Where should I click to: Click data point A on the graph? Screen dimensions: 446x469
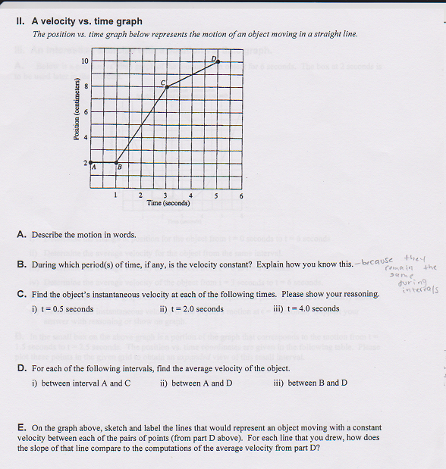[x=90, y=162]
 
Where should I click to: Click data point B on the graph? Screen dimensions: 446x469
[x=116, y=162]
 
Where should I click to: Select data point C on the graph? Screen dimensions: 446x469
[x=167, y=87]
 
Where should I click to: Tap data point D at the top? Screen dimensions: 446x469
[x=218, y=61]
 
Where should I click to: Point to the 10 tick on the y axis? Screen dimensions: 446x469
[x=85, y=61]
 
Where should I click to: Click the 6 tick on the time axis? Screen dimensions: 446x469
[x=241, y=196]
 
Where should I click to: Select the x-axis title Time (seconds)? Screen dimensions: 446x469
[x=168, y=203]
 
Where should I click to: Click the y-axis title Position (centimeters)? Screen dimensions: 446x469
[x=76, y=112]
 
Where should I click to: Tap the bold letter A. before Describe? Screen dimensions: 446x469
[x=21, y=235]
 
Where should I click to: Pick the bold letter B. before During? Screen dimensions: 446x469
[x=21, y=264]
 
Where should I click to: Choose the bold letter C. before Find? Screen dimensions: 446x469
[x=21, y=294]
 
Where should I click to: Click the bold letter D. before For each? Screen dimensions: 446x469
[x=21, y=368]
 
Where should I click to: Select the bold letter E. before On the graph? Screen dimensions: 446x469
[x=21, y=427]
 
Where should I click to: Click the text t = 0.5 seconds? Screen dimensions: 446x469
[x=63, y=309]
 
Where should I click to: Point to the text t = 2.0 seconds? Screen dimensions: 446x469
[x=192, y=309]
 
